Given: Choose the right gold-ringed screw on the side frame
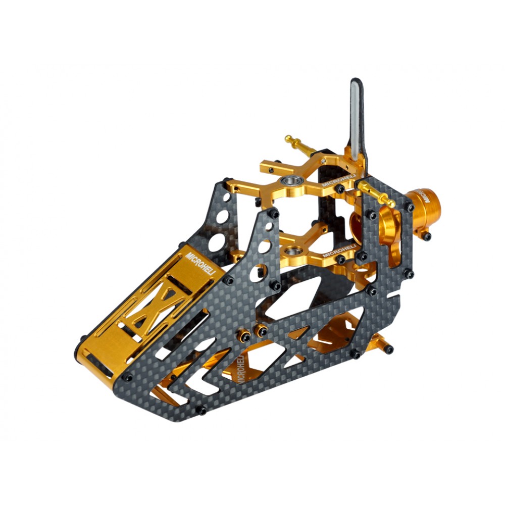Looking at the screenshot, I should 262,331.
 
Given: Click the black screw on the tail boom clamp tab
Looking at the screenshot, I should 427,236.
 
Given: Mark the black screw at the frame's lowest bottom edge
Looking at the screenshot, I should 201,410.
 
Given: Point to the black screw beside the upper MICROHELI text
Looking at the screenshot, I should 341,189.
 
